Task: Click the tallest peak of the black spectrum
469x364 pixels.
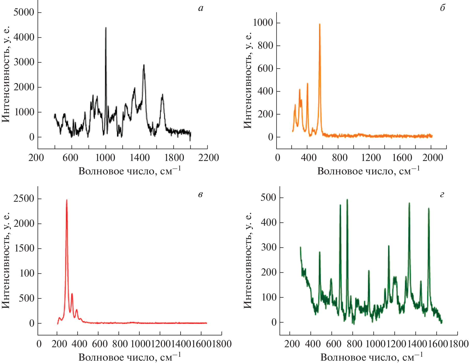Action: [106, 28]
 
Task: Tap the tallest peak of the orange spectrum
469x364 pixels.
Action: [319, 24]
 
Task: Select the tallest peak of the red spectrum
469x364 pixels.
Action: [67, 200]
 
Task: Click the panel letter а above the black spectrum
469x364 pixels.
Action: [201, 8]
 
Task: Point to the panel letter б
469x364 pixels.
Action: [442, 8]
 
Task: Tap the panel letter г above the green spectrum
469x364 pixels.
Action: [442, 195]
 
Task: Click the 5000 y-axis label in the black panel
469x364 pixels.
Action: [24, 12]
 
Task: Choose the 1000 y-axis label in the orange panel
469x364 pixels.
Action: [263, 23]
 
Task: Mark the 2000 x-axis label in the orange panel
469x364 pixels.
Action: [433, 158]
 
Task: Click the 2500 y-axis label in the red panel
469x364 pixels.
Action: [24, 199]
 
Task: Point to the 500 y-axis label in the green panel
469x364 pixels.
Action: [269, 198]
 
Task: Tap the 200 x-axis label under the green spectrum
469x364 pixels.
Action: [292, 344]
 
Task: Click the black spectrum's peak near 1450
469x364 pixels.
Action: [144, 65]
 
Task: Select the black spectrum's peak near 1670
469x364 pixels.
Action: [162, 95]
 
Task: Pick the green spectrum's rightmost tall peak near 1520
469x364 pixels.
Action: [429, 208]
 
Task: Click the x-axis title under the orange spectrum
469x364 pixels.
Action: [368, 171]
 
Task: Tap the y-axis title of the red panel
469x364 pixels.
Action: [6, 261]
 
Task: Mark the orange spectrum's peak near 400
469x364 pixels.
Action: [307, 84]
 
